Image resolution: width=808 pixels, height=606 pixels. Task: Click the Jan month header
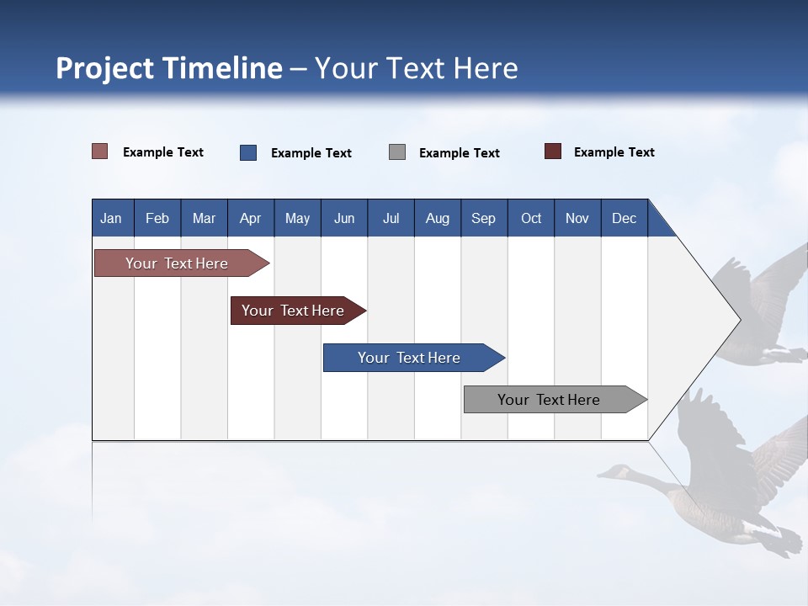(111, 218)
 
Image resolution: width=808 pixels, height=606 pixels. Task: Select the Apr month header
(250, 218)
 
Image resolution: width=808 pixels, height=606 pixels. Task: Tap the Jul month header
(391, 218)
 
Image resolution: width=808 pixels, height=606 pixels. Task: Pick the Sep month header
(483, 218)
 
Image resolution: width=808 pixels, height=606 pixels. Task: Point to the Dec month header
(624, 218)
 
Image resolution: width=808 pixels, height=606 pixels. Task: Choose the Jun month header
(343, 218)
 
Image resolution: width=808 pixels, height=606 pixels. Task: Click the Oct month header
(531, 218)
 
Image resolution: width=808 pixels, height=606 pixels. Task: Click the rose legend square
(99, 151)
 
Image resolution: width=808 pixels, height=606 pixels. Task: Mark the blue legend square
(248, 152)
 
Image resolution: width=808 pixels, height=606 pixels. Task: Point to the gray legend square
(397, 152)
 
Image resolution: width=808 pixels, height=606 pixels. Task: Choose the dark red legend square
(553, 151)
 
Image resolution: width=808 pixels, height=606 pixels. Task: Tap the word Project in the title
(104, 68)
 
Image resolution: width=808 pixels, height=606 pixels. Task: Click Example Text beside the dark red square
(614, 152)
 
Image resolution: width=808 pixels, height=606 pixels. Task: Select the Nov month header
(577, 218)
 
